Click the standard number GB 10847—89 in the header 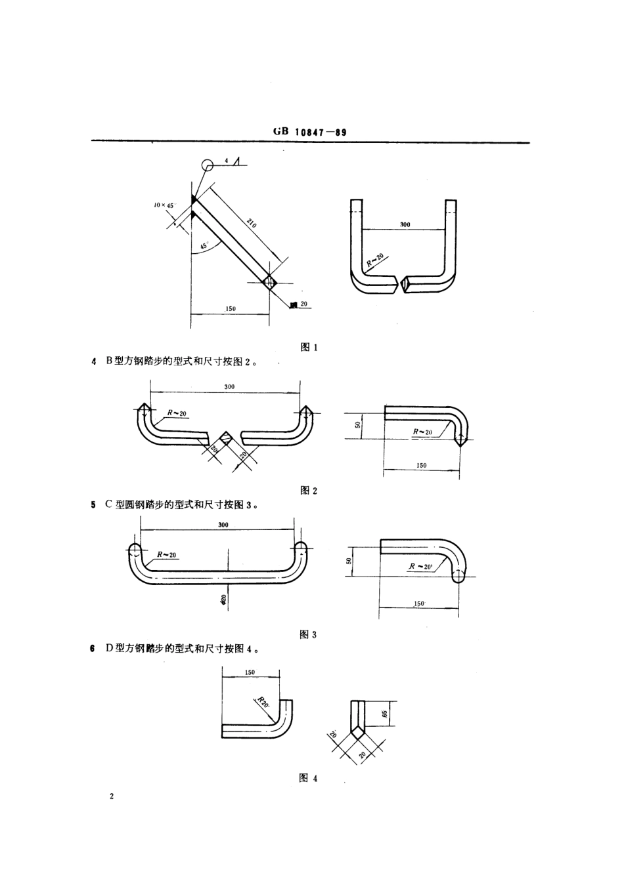(309, 132)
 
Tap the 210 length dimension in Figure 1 (252, 223)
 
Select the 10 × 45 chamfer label (164, 205)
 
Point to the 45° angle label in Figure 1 (204, 246)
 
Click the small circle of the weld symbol (208, 165)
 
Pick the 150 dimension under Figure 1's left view (231, 308)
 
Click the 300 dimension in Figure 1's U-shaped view (405, 224)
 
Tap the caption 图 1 (309, 347)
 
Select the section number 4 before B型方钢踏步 (94, 361)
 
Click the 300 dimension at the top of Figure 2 (229, 387)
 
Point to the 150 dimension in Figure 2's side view (421, 465)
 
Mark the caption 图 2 (309, 490)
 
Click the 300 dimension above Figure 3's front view (223, 525)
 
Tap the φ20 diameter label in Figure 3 (223, 598)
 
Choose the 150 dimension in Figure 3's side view (418, 603)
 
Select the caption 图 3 (308, 634)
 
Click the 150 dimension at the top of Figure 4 (250, 672)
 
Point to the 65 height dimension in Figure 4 (386, 712)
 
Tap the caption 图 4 (308, 778)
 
